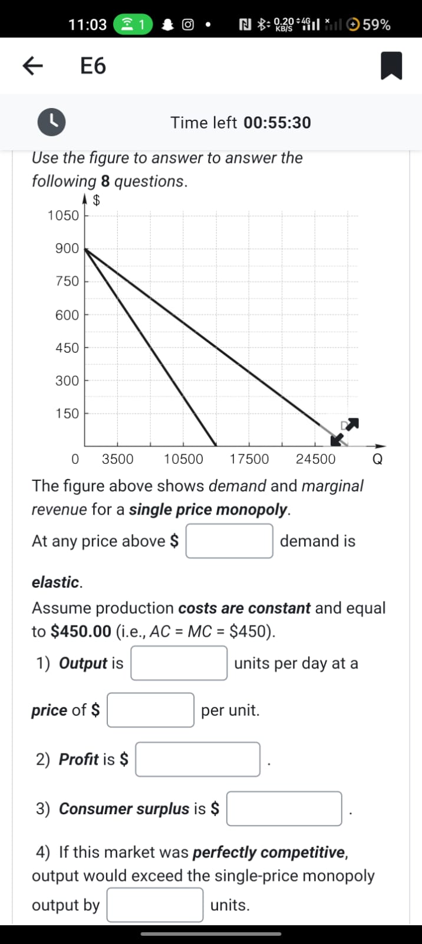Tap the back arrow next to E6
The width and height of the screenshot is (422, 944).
pos(32,65)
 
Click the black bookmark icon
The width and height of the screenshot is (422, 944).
pos(391,65)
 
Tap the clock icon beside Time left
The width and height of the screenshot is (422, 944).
pos(52,122)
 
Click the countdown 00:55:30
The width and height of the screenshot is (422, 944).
pos(277,123)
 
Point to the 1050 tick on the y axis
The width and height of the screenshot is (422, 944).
pos(63,215)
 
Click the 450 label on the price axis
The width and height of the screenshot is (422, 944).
pos(67,348)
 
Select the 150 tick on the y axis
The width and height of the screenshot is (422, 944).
pos(67,414)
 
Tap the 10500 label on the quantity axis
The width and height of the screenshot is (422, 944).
pos(183,459)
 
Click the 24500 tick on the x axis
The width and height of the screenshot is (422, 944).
pos(315,459)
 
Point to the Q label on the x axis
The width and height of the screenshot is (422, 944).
pos(378,459)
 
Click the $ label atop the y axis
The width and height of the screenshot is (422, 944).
pos(97,201)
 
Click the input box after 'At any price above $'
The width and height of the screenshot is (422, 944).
pos(229,541)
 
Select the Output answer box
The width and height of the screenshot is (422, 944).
pos(179,663)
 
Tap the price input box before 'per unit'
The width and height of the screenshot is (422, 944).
pos(150,710)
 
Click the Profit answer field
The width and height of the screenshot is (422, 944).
pos(197,759)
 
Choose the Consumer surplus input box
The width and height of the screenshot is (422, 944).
pos(284,808)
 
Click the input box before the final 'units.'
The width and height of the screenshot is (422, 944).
pos(155,905)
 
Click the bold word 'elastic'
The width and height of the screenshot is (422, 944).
pos(56,582)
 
